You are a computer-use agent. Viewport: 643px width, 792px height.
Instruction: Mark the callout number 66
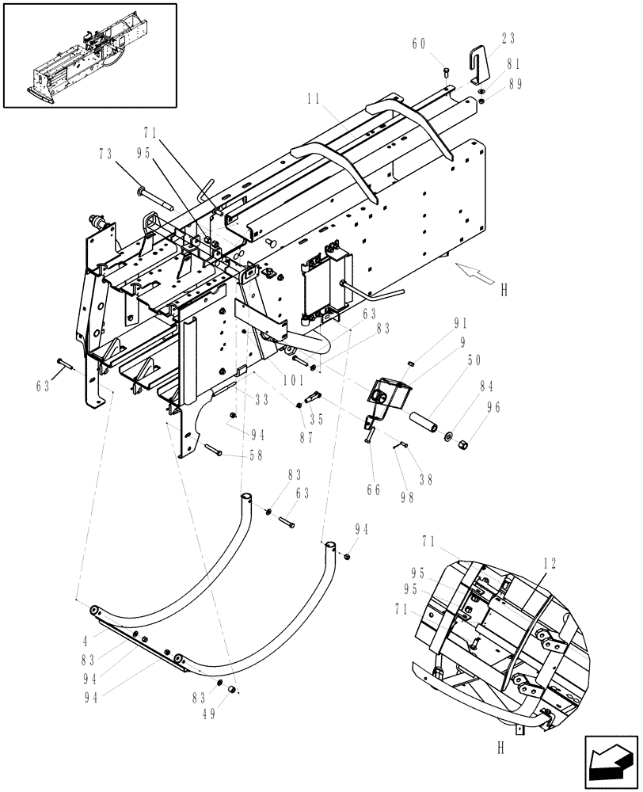(373, 490)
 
